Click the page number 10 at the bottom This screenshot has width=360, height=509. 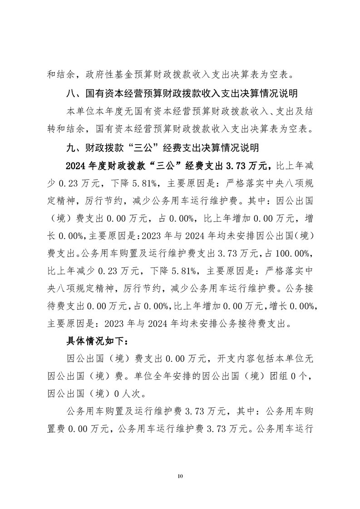coord(180,476)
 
